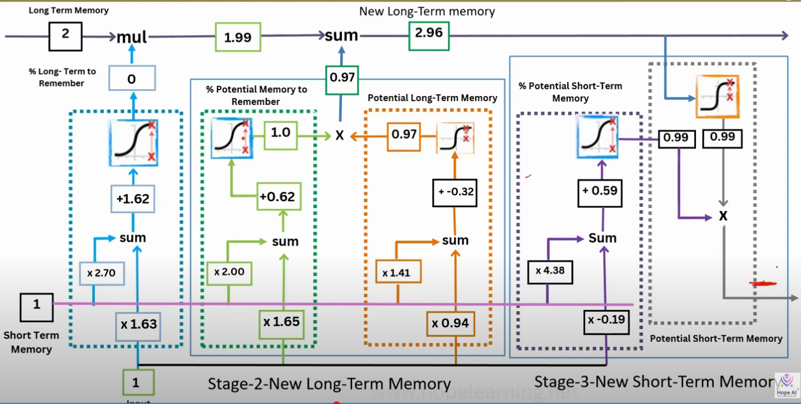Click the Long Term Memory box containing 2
coord(65,35)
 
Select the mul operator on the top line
coord(131,37)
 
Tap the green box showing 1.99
coord(238,38)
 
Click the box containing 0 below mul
coord(131,80)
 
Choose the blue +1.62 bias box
coord(133,199)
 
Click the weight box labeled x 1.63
coord(138,324)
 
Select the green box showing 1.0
coord(281,133)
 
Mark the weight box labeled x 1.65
coord(281,322)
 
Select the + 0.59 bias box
coord(599,191)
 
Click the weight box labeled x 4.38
coord(550,270)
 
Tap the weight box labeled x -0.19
coord(605,319)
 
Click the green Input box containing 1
coord(135,384)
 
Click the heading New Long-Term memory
coord(426,11)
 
